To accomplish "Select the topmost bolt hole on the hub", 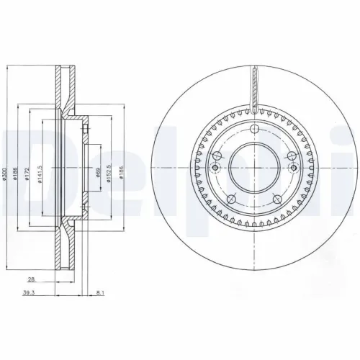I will pyautogui.click(x=253, y=130).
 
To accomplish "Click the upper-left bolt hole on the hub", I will pyautogui.click(x=216, y=157).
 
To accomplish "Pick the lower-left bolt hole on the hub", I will pyautogui.click(x=230, y=199).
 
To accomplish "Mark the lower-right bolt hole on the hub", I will pyautogui.click(x=276, y=199).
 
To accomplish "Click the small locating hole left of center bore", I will pyautogui.click(x=214, y=167).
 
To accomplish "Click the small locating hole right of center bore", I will pyautogui.click(x=293, y=167).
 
